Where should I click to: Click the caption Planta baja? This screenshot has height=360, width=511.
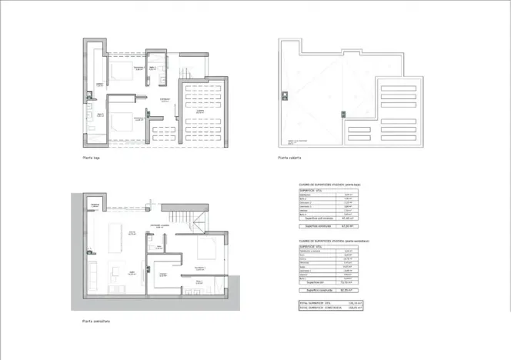[92, 158]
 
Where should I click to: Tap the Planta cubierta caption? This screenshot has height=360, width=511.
[290, 158]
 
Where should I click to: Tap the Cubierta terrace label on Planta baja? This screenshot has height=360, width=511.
[199, 112]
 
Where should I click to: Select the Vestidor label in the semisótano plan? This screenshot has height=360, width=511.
[163, 275]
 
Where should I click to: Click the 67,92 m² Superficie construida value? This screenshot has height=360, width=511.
[352, 226]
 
